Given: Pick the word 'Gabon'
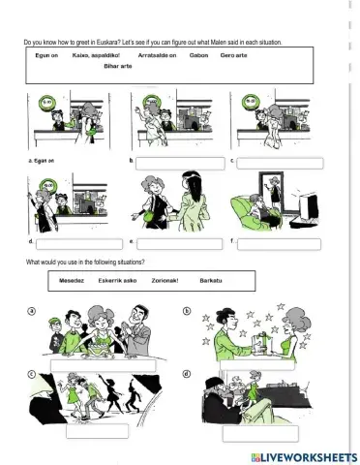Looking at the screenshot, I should (x=199, y=55).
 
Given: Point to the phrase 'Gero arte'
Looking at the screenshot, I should (x=235, y=55).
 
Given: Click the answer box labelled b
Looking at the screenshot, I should (x=171, y=161).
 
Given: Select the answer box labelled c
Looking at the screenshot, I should (x=278, y=161).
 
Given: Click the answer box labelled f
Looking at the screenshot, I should (x=278, y=243).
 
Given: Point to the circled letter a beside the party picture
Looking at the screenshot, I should (x=31, y=311).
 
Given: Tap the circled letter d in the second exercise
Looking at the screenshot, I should (x=187, y=374).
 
